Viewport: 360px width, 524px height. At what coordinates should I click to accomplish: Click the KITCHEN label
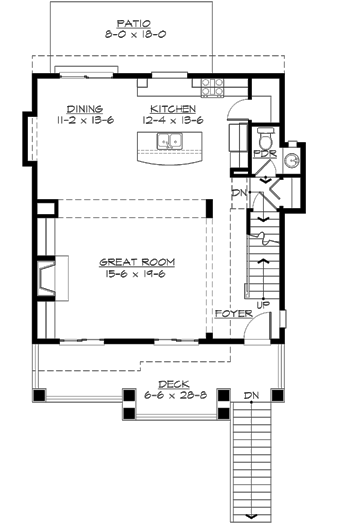coord(172,108)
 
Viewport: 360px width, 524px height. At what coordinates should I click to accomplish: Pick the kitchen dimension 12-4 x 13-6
coord(172,119)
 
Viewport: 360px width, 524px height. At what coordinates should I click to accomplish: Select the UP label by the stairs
coord(263,303)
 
